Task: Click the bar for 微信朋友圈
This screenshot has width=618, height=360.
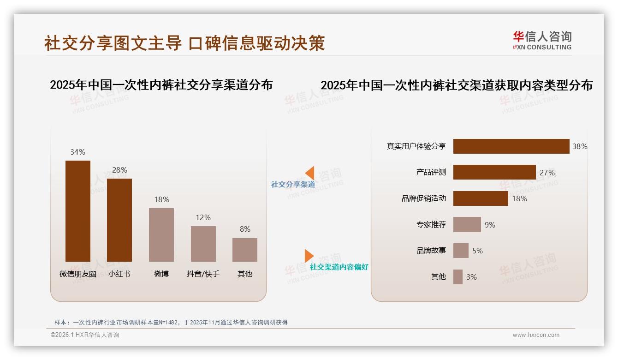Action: pos(78,211)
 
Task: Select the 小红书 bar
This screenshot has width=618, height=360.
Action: pos(119,220)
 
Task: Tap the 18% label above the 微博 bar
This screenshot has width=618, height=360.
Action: pos(161,199)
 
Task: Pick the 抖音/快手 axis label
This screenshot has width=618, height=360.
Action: pos(203,274)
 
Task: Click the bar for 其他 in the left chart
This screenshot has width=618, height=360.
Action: pos(245,250)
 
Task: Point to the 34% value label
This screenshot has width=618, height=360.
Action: pos(77,152)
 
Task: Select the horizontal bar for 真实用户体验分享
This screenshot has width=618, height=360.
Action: pos(511,146)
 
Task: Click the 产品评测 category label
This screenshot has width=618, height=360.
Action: pos(431,172)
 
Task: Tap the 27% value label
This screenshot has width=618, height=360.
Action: pos(547,173)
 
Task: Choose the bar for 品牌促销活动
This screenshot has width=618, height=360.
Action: pos(481,198)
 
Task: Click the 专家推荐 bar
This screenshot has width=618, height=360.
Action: pos(467,225)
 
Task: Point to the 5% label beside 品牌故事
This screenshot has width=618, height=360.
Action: pos(477,251)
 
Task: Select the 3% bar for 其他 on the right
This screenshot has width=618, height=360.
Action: pos(458,277)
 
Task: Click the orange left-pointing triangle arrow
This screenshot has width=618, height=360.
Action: pos(309,173)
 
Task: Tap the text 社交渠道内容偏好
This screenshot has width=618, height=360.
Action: pos(339,267)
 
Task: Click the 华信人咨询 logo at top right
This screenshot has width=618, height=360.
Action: pos(542,40)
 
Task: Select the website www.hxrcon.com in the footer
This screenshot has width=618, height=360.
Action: pos(536,335)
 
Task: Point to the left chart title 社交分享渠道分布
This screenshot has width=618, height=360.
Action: pos(161,85)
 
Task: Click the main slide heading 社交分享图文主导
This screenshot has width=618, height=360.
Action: pos(113,43)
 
